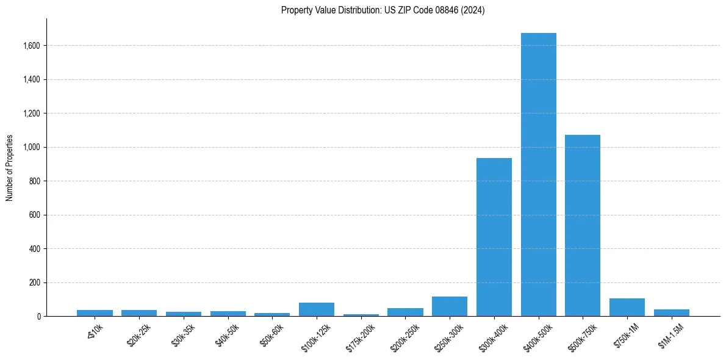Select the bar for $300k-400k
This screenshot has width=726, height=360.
(494, 237)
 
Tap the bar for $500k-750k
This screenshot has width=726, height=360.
(583, 226)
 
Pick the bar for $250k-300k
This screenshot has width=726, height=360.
(450, 307)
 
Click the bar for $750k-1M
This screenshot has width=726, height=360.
(627, 308)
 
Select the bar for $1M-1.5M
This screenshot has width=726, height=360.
(671, 313)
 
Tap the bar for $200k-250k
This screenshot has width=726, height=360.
(405, 312)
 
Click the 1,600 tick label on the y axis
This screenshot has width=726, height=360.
(32, 46)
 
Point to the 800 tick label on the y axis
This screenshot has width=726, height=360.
(35, 181)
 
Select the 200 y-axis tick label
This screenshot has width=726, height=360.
(35, 283)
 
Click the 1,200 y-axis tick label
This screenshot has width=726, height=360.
(32, 113)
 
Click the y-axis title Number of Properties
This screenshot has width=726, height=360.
(10, 167)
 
